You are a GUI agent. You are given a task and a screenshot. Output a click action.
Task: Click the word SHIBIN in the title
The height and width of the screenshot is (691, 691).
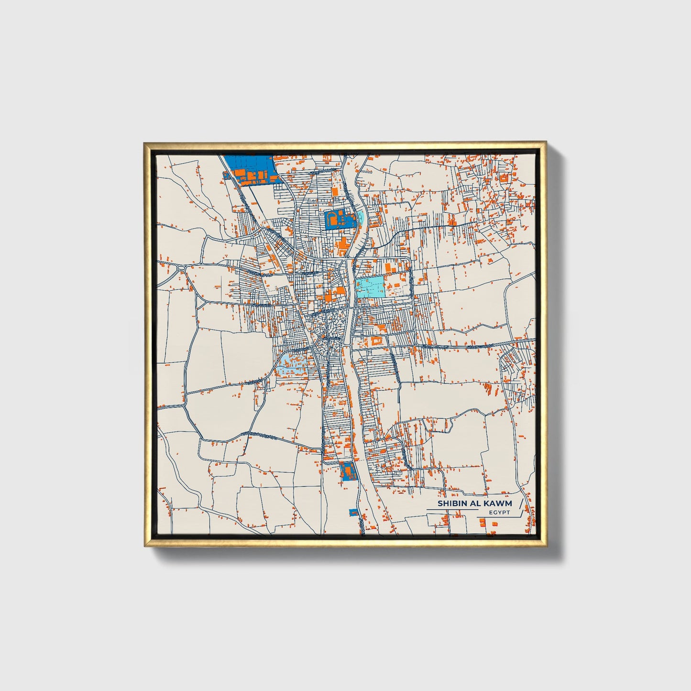pos(450,503)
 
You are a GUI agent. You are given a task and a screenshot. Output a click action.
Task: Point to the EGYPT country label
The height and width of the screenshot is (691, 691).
pos(499,513)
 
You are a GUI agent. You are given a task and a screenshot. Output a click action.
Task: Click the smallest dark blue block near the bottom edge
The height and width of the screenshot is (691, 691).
pos(354,513)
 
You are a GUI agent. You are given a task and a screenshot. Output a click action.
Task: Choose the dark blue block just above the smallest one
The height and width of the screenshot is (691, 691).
pos(347,471)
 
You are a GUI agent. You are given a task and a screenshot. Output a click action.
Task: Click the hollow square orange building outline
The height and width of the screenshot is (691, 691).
pos(375,341)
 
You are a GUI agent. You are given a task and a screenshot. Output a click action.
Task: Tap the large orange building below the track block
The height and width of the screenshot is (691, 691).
pos(342,248)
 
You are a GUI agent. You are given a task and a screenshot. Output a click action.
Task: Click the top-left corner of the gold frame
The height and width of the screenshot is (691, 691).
pos(145,143)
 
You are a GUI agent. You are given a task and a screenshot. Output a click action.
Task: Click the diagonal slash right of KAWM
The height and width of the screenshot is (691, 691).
pos(521,503)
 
